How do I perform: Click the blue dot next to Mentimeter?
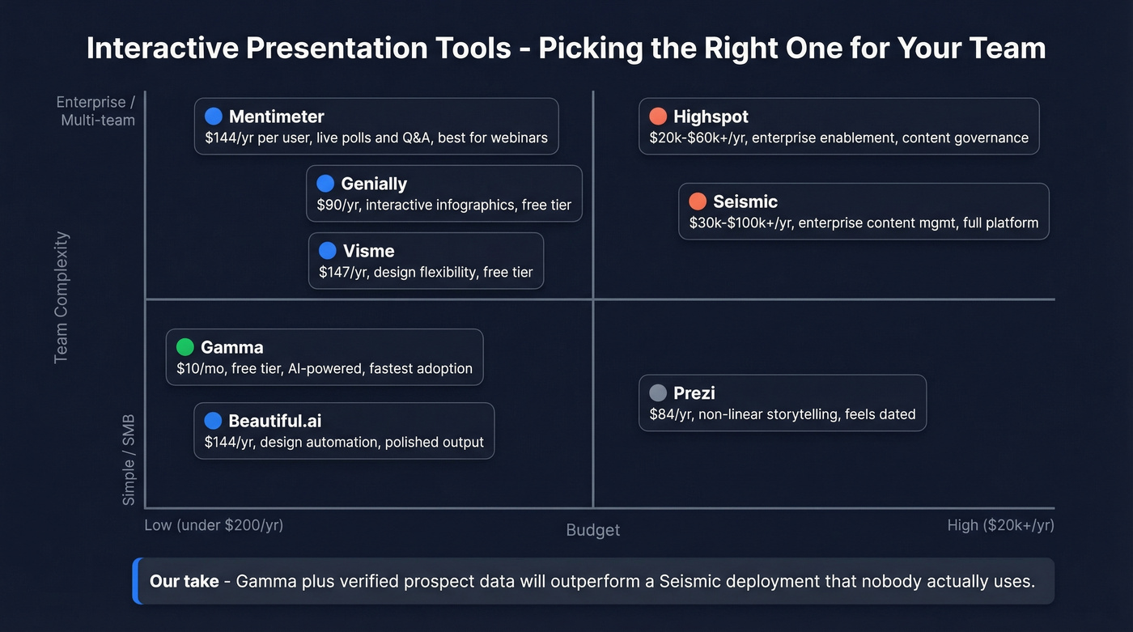(214, 117)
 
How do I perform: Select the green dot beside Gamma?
(185, 347)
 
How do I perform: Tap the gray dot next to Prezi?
(658, 393)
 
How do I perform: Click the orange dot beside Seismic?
(698, 201)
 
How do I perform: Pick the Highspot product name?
(711, 117)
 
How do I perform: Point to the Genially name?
(374, 184)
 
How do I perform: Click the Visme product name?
(368, 251)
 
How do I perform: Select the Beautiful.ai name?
(275, 421)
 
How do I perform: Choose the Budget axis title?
(592, 530)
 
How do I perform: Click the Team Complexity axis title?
(62, 298)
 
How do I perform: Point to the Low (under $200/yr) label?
(214, 525)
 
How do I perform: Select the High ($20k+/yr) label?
(1000, 525)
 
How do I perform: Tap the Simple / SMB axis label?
(129, 460)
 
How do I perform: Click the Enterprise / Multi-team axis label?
(95, 111)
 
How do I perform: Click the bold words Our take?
(185, 581)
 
